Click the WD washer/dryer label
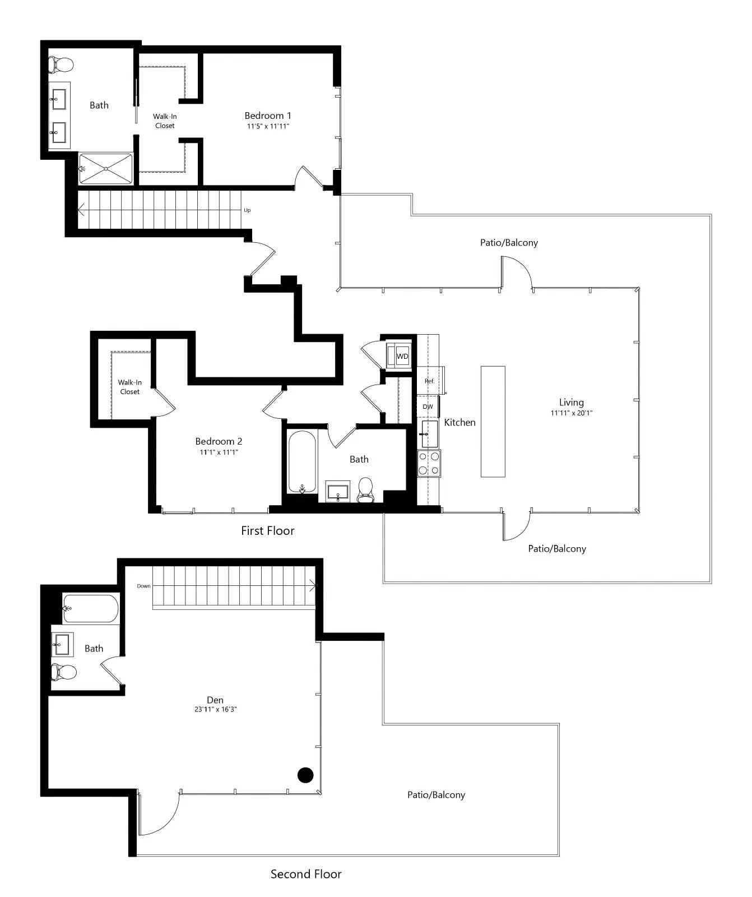402,357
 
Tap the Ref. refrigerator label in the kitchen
429,381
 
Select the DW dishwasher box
428,406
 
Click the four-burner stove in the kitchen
429,464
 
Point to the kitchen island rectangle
493,422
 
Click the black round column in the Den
305,775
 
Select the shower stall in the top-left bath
106,168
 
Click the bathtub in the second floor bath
90,609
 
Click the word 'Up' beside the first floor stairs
247,210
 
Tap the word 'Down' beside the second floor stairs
143,586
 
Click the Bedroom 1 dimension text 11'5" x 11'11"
268,126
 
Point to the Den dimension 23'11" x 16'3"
215,709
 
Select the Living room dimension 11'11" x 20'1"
571,413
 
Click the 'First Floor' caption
267,530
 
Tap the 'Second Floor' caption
305,874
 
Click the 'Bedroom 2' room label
219,441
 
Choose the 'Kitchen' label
459,422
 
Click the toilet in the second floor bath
63,671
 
